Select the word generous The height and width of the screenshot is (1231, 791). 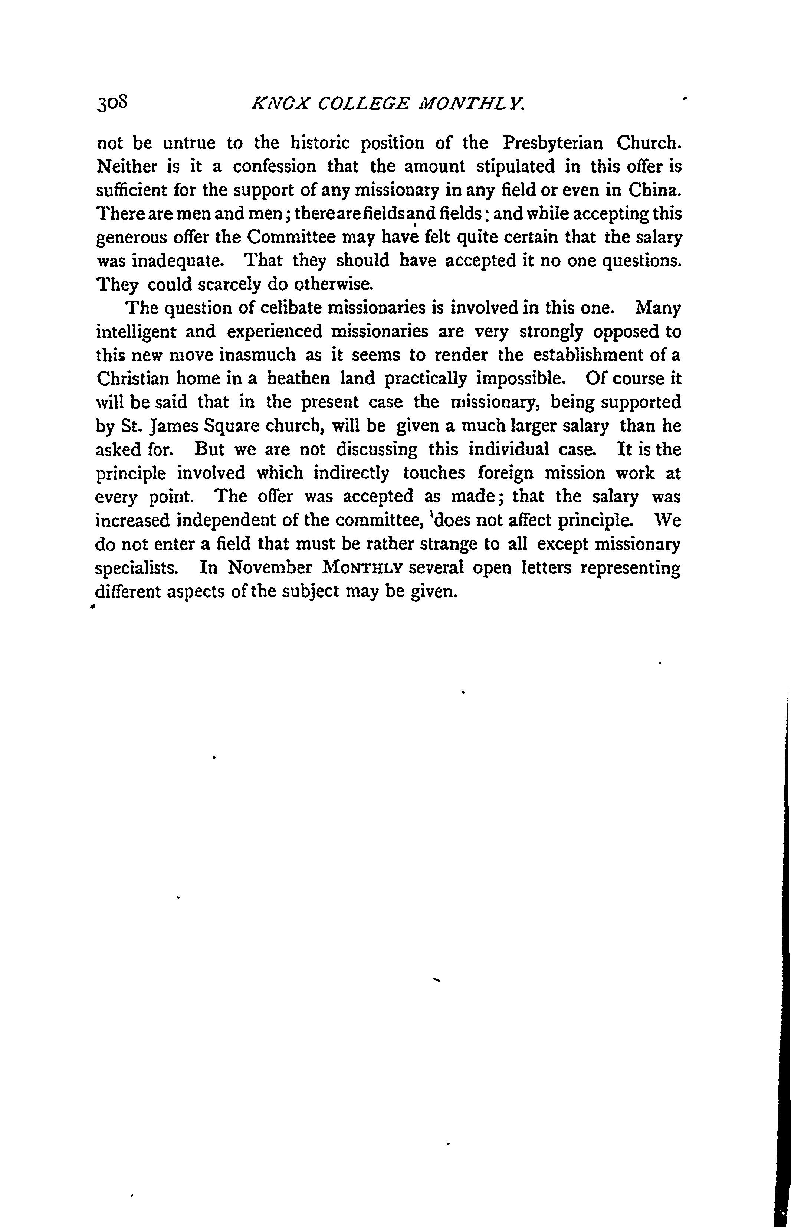[131, 238]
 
